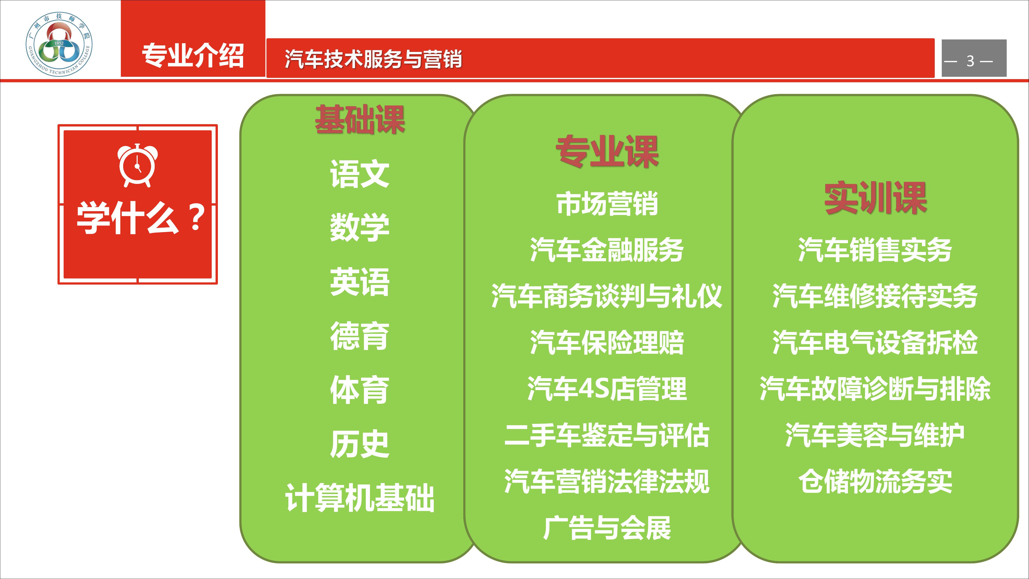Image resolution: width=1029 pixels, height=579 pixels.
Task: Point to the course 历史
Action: [x=359, y=444]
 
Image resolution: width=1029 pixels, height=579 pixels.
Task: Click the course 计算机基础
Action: [x=359, y=498]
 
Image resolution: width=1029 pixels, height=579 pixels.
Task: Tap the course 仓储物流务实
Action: [x=875, y=481]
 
